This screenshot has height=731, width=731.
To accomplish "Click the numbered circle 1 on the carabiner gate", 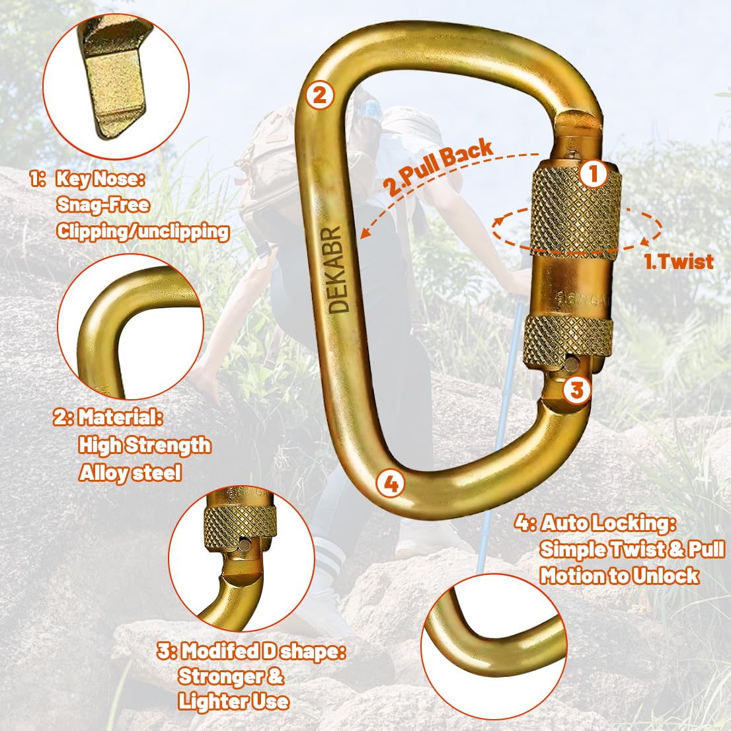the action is tap(594, 174).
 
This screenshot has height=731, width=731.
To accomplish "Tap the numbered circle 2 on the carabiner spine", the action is tap(320, 95).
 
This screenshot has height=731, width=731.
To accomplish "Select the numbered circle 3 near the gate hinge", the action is tap(577, 389).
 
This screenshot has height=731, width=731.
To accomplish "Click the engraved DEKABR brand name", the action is tap(339, 270).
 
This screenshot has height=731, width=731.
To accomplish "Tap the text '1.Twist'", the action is tap(679, 262).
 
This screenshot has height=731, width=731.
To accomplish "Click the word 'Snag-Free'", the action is tap(103, 205).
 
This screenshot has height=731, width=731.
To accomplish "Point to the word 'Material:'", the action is tap(120, 417).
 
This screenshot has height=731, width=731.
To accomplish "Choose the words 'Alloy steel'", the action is tap(130, 473).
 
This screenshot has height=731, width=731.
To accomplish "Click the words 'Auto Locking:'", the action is tap(608, 523).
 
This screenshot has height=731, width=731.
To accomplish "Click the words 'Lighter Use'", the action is tap(233, 701).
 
